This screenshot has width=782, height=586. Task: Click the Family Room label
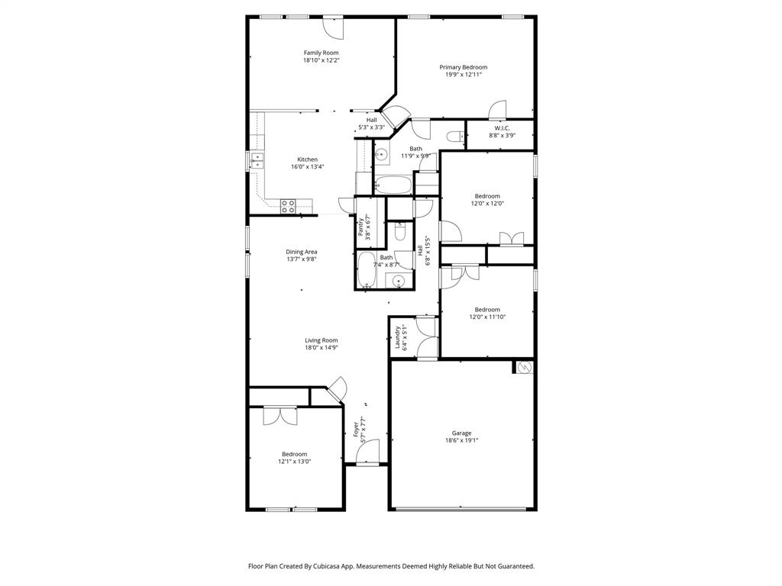tap(321, 53)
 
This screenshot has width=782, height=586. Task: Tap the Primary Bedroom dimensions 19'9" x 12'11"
tap(463, 75)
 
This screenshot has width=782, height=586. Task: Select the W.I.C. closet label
tap(502, 128)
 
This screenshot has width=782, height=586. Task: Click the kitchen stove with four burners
tap(288, 205)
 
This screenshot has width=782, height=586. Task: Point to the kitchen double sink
tap(257, 160)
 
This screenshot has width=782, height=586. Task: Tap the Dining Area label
tap(302, 252)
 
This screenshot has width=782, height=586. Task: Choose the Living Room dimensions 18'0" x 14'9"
tap(322, 348)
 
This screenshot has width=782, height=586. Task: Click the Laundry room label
tap(398, 337)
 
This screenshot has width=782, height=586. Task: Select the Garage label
tap(461, 433)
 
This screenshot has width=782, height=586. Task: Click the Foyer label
tap(356, 432)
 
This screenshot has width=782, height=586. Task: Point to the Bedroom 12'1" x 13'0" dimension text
tap(294, 462)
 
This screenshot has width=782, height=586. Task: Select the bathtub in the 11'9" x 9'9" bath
tap(393, 185)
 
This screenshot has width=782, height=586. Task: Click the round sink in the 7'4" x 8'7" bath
tap(397, 282)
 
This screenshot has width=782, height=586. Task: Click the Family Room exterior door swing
tap(334, 27)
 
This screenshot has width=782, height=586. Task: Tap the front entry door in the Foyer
tap(367, 452)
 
